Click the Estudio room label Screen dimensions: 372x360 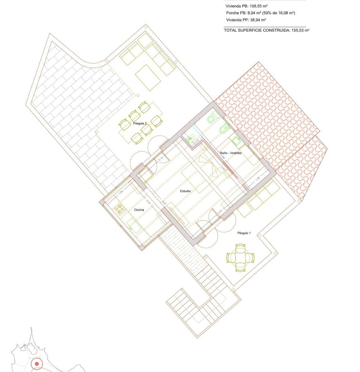point(185,191)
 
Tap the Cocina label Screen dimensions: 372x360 point(139,210)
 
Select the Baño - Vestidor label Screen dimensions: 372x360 point(231,153)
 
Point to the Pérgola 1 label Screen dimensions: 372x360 point(244,233)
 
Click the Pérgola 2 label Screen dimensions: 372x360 point(140,124)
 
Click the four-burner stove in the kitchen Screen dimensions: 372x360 point(119,209)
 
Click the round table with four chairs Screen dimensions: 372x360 point(241,257)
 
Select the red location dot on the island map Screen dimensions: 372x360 point(37,364)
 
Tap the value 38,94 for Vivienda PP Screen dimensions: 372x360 point(256,20)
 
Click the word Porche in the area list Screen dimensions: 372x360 point(232,13)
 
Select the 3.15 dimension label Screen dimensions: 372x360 point(161,159)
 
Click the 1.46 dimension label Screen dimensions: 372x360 point(257,179)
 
